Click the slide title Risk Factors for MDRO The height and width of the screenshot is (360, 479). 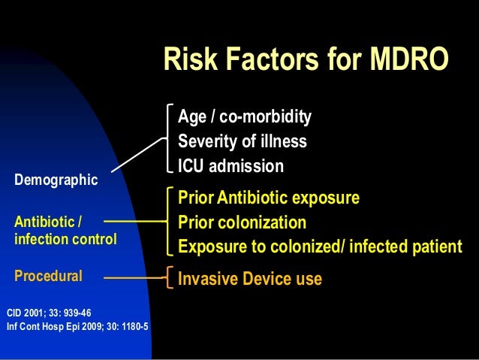[306, 60]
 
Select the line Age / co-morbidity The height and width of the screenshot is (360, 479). [244, 117]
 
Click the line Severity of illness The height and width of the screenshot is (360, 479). [242, 141]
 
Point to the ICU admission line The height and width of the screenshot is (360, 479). [230, 165]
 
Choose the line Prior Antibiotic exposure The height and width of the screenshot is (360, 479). [268, 198]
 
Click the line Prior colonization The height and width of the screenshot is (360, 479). [242, 222]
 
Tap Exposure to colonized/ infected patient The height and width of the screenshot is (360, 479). [319, 247]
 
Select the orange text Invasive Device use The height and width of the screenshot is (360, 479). [249, 280]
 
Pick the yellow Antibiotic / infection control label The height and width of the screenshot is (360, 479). [65, 231]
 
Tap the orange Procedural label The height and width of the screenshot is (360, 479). [48, 276]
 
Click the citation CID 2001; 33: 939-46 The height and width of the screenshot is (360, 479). [49, 311]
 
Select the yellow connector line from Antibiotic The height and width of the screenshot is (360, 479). [135, 222]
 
